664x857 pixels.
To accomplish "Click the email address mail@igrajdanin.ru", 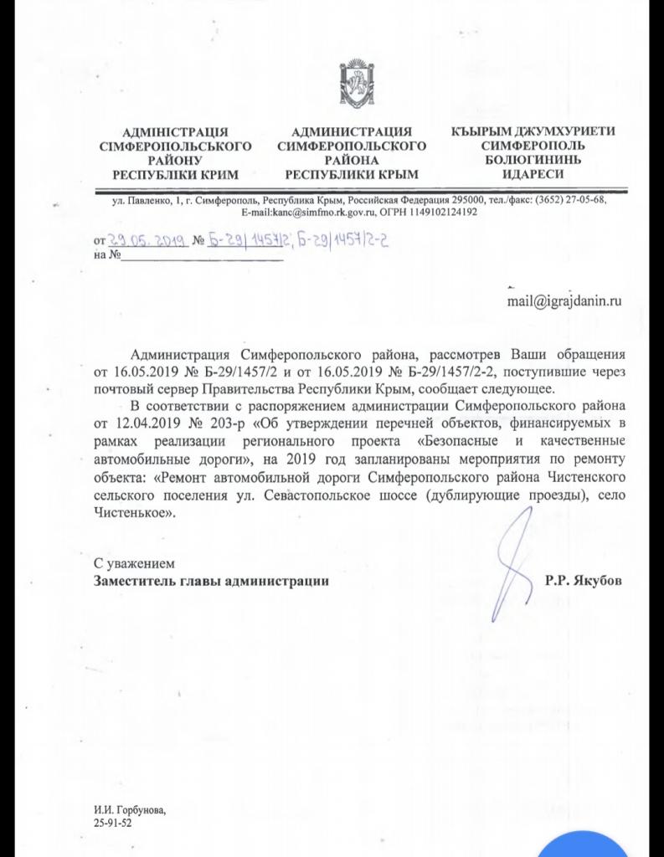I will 564,300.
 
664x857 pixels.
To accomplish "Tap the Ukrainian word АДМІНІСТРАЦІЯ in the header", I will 175,132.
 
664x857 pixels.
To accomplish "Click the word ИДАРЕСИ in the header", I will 533,174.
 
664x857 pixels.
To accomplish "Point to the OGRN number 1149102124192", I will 438,213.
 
